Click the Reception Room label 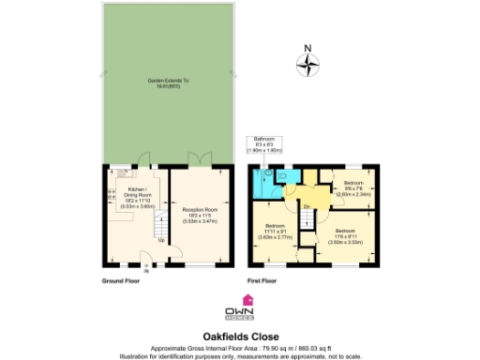[199, 213]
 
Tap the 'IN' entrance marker [145, 272]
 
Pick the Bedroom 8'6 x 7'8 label [352, 187]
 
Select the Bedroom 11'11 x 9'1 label [276, 232]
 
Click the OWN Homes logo [240, 310]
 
